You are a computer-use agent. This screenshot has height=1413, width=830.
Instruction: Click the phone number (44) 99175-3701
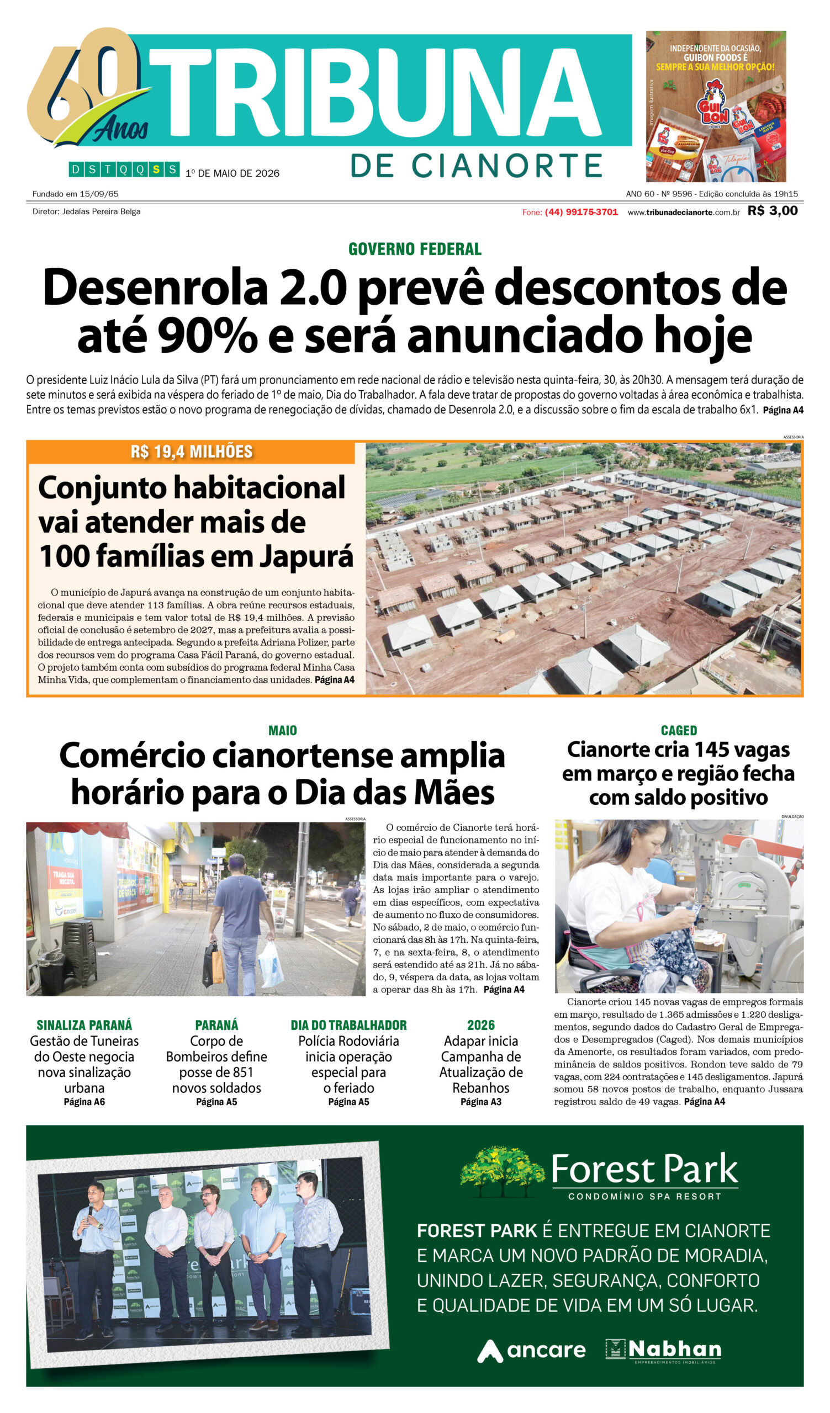click(x=581, y=212)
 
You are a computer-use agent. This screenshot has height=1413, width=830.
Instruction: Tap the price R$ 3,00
click(x=772, y=211)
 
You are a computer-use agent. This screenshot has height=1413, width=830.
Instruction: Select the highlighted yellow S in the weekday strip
click(x=156, y=169)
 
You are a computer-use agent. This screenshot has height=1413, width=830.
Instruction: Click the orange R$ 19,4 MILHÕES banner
click(x=191, y=451)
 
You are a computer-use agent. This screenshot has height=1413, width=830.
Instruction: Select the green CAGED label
click(x=679, y=731)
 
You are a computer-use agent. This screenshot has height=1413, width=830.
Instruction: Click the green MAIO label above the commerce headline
click(x=283, y=731)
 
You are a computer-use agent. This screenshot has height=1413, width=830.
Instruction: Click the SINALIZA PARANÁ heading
click(x=84, y=1025)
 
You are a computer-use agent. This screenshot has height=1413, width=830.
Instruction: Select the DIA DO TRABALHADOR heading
click(x=348, y=1025)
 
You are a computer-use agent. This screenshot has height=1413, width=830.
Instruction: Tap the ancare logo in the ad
click(x=531, y=1350)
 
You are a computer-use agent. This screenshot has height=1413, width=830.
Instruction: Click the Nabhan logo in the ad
click(x=663, y=1350)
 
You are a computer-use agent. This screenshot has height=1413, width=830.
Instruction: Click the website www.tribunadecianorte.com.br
click(x=683, y=213)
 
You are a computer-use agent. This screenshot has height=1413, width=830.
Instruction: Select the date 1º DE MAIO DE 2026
click(x=232, y=173)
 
